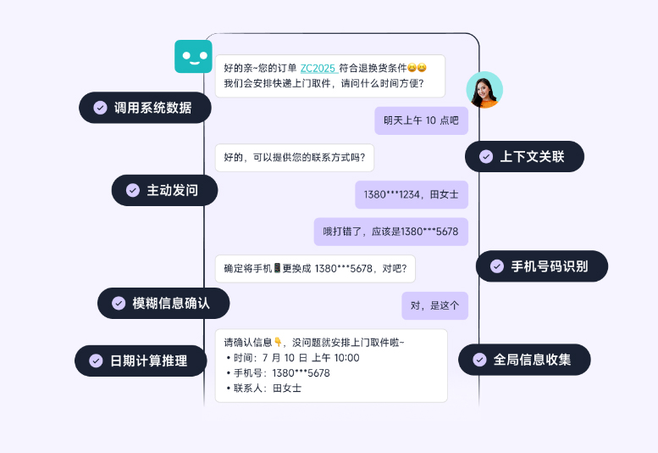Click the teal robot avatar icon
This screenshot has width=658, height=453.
[x=193, y=57]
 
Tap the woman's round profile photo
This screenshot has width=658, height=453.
[x=484, y=90]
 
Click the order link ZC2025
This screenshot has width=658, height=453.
[x=318, y=68]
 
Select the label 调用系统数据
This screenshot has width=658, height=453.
[x=145, y=108]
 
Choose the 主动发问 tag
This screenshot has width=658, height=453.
[x=164, y=190]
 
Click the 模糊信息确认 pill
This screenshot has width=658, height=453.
[x=163, y=303]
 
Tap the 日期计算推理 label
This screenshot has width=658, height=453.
[x=141, y=361]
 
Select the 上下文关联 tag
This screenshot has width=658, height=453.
[x=524, y=156]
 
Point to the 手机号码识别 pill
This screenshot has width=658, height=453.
[x=542, y=266]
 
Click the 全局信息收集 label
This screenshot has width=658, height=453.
[x=524, y=360]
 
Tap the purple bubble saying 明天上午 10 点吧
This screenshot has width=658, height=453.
[x=421, y=120]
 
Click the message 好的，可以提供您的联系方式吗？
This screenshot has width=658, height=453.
[x=295, y=158]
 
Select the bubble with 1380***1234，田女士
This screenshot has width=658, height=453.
[x=411, y=194]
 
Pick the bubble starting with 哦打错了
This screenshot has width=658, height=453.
[x=390, y=231]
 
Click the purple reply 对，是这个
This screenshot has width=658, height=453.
[x=434, y=305]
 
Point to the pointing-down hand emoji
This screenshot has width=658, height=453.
[x=278, y=343]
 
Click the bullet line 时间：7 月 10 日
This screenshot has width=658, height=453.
[x=293, y=358]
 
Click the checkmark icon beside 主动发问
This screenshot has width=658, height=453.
[x=133, y=190]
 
